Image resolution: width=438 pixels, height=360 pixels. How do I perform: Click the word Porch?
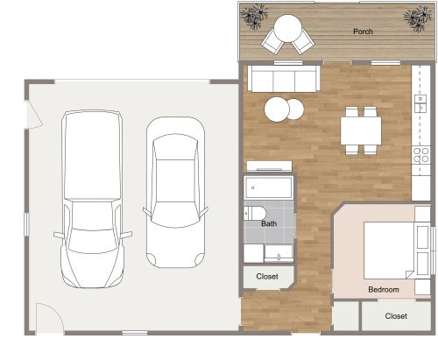363,32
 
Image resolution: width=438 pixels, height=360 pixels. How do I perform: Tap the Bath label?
271,224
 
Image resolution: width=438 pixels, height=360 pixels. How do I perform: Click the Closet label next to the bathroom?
267,276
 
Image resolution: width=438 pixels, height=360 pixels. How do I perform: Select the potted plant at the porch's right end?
414,18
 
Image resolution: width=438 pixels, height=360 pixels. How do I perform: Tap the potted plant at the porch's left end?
256,16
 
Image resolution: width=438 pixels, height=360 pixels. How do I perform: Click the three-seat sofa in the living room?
283,80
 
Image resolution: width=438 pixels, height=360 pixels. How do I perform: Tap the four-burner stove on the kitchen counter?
420,155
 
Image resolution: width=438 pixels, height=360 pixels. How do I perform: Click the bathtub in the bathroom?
271,187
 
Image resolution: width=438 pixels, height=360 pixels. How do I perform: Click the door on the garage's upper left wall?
30,113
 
